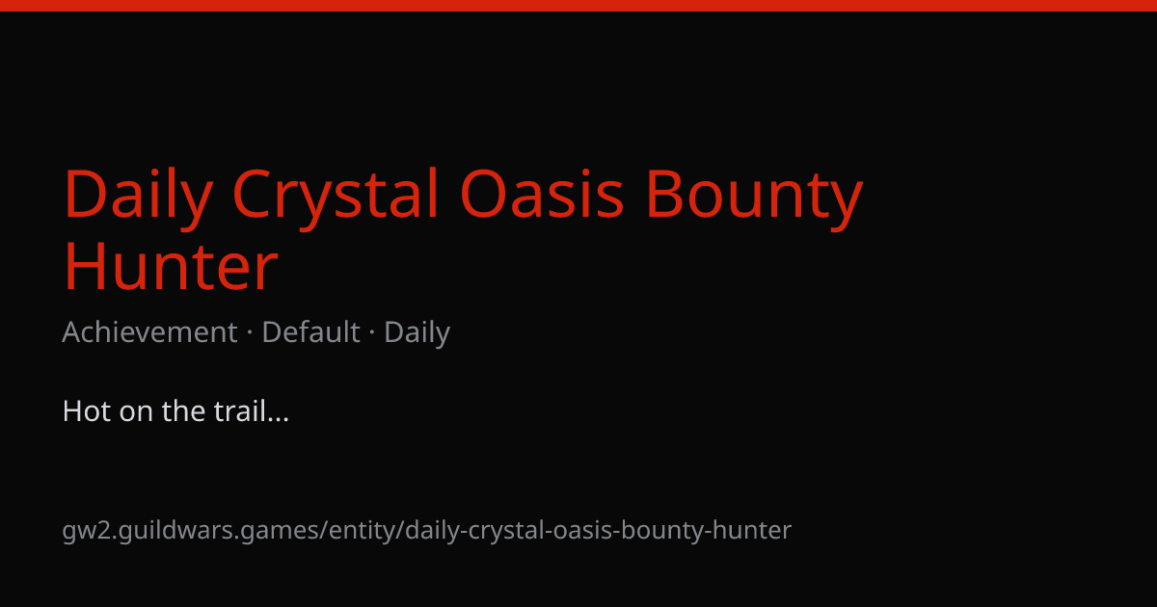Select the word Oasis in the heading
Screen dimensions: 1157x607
click(542, 194)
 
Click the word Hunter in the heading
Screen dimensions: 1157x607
click(171, 267)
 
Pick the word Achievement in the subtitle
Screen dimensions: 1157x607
click(149, 331)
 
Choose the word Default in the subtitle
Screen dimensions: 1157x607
click(310, 331)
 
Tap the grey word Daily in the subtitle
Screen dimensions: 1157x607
click(417, 333)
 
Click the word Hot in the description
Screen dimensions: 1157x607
click(86, 411)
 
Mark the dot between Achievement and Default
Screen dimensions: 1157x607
click(250, 332)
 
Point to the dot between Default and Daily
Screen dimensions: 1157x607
click(372, 332)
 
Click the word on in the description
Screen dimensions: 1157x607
click(136, 414)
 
